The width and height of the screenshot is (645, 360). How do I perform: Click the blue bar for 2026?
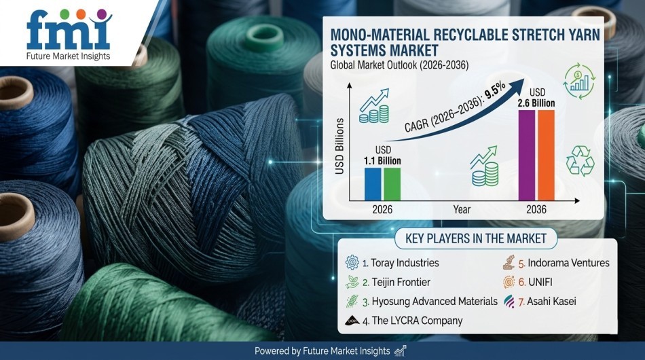coord(373,184)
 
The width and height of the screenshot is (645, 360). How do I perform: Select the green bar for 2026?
coord(392,184)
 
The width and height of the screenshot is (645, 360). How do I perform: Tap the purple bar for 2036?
coord(527,155)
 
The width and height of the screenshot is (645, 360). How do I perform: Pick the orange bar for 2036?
coord(547,155)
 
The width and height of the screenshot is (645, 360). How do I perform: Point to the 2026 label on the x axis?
coord(382,209)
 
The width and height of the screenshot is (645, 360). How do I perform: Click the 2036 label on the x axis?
coord(536,209)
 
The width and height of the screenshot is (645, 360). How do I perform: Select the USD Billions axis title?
coord(339,146)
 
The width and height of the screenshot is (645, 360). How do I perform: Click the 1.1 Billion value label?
coord(382,161)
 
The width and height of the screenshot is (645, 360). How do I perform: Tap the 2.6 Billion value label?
coord(536,103)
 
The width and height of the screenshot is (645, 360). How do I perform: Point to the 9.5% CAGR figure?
coord(495,91)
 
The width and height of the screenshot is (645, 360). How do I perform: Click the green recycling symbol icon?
coord(580,161)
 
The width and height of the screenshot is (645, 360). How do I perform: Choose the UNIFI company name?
coord(540,283)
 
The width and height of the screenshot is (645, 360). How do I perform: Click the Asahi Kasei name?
coord(551,301)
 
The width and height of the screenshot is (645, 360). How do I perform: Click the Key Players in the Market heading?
coord(476,238)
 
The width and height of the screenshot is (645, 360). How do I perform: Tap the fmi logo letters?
coord(67,30)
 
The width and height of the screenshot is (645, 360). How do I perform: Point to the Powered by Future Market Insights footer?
coord(322,351)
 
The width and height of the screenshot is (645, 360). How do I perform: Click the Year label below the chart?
coord(462,209)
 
